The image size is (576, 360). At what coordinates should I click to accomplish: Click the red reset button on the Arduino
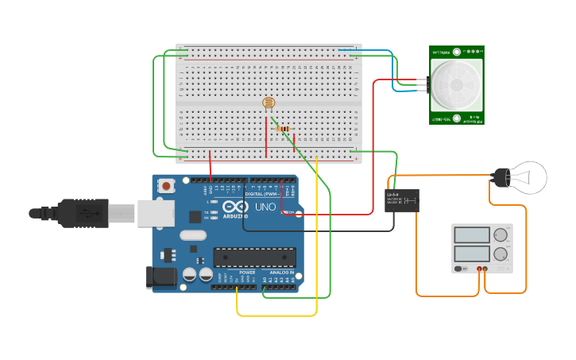(x=167, y=186)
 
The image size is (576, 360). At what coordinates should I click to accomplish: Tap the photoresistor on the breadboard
(x=269, y=103)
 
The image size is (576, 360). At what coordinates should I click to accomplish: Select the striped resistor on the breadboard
(x=283, y=129)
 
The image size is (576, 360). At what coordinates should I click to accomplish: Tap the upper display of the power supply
(x=473, y=235)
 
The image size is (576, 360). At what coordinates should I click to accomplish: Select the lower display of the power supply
(x=473, y=254)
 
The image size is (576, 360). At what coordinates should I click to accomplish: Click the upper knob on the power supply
(x=501, y=235)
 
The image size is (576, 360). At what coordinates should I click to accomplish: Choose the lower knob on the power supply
(x=501, y=254)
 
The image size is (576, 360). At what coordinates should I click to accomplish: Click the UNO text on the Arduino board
(x=265, y=207)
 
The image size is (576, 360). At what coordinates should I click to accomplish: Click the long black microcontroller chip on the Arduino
(x=254, y=257)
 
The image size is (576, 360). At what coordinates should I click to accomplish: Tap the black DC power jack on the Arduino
(x=162, y=277)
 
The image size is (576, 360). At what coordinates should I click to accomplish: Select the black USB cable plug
(x=84, y=213)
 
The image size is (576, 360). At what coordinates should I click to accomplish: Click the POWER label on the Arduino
(x=248, y=273)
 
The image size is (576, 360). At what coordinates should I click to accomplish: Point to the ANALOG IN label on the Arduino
(x=280, y=273)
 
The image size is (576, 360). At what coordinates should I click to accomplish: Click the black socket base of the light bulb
(x=501, y=177)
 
